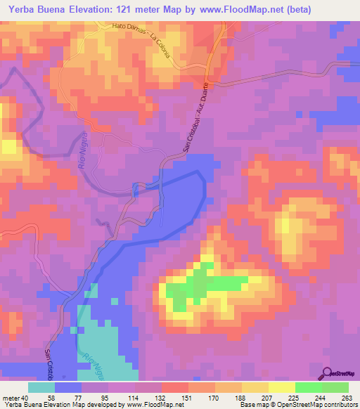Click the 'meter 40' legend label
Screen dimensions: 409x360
pyautogui.click(x=15, y=398)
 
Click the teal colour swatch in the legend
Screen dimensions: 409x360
pyautogui.click(x=41, y=387)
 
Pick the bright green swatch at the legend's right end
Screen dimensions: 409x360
pyautogui.click(x=335, y=387)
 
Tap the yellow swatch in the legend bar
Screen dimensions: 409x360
pyautogui.click(x=281, y=387)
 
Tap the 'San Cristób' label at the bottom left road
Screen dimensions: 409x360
pyautogui.click(x=49, y=362)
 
